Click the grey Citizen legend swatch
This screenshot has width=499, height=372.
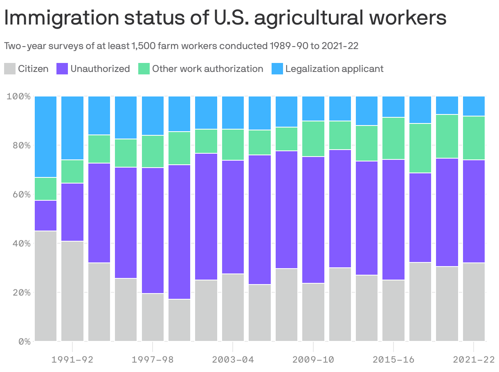coord(10,69)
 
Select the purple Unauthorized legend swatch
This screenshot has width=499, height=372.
coord(62,69)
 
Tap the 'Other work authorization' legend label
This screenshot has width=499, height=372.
coord(207,69)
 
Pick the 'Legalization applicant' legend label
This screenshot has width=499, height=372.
coord(334,69)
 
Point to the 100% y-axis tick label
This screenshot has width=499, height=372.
coord(18,96)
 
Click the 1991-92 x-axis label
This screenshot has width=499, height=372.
coord(72,360)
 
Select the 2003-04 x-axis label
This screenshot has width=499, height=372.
coord(233,360)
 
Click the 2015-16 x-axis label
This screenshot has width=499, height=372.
coord(393,360)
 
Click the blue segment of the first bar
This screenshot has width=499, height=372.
coord(46,137)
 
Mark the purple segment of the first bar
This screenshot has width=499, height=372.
coord(46,215)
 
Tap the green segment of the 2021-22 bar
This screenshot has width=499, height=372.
coord(474,138)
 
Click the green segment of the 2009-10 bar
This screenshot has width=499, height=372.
coord(313,139)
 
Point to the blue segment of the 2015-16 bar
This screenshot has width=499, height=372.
coord(393,107)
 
